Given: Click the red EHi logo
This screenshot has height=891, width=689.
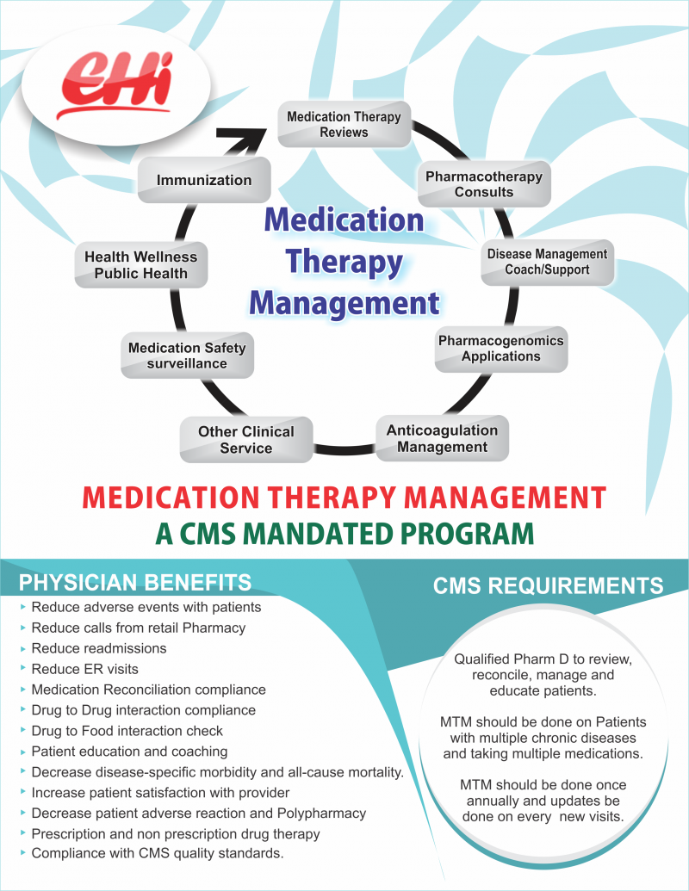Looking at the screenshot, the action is tap(115, 84).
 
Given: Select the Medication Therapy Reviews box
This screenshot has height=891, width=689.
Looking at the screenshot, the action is tap(344, 125).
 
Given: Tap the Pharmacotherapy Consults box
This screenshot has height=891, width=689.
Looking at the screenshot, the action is tap(484, 184).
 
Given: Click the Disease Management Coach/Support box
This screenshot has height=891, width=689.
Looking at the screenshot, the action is tap(547, 262).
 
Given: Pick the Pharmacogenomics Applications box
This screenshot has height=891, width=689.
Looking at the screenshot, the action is tap(501, 349).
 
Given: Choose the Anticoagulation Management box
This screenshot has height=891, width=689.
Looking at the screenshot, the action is tap(443, 438).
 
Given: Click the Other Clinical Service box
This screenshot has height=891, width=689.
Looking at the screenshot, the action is tap(246, 439).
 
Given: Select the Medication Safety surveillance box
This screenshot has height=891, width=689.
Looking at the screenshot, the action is tap(187, 356).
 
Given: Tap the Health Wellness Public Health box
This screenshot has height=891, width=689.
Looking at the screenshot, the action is tap(141, 265).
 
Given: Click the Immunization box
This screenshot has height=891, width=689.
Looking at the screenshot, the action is tap(204, 180).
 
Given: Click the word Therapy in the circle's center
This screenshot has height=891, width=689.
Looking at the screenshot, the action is tap(344, 263).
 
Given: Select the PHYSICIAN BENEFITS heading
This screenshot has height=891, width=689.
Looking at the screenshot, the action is tap(135, 583).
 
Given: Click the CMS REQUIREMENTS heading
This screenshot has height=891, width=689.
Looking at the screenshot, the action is tap(548, 585).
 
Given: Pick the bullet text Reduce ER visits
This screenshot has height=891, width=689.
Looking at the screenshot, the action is tap(84, 669).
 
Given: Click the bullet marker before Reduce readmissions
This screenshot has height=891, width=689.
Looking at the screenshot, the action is tap(22, 648).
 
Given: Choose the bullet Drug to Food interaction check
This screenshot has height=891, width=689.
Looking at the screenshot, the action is tap(127, 731).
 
